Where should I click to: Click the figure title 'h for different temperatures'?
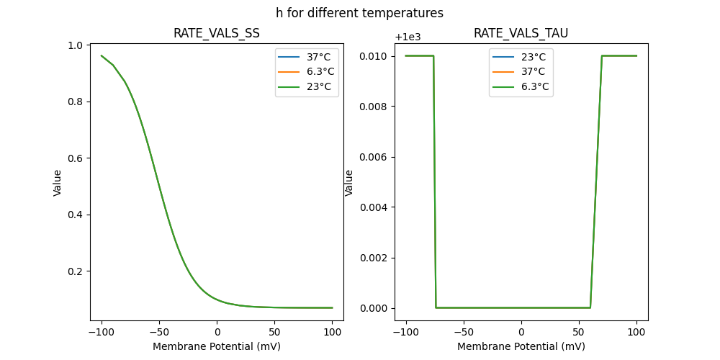point(359,13)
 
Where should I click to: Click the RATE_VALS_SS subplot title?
point(216,33)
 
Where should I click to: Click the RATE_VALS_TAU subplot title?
point(521,33)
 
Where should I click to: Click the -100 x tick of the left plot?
point(102,333)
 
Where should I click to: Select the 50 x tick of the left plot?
point(274,333)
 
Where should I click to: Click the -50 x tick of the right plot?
point(464,333)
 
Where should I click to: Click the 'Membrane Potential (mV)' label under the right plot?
point(521,346)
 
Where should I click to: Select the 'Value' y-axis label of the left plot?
point(58,182)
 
